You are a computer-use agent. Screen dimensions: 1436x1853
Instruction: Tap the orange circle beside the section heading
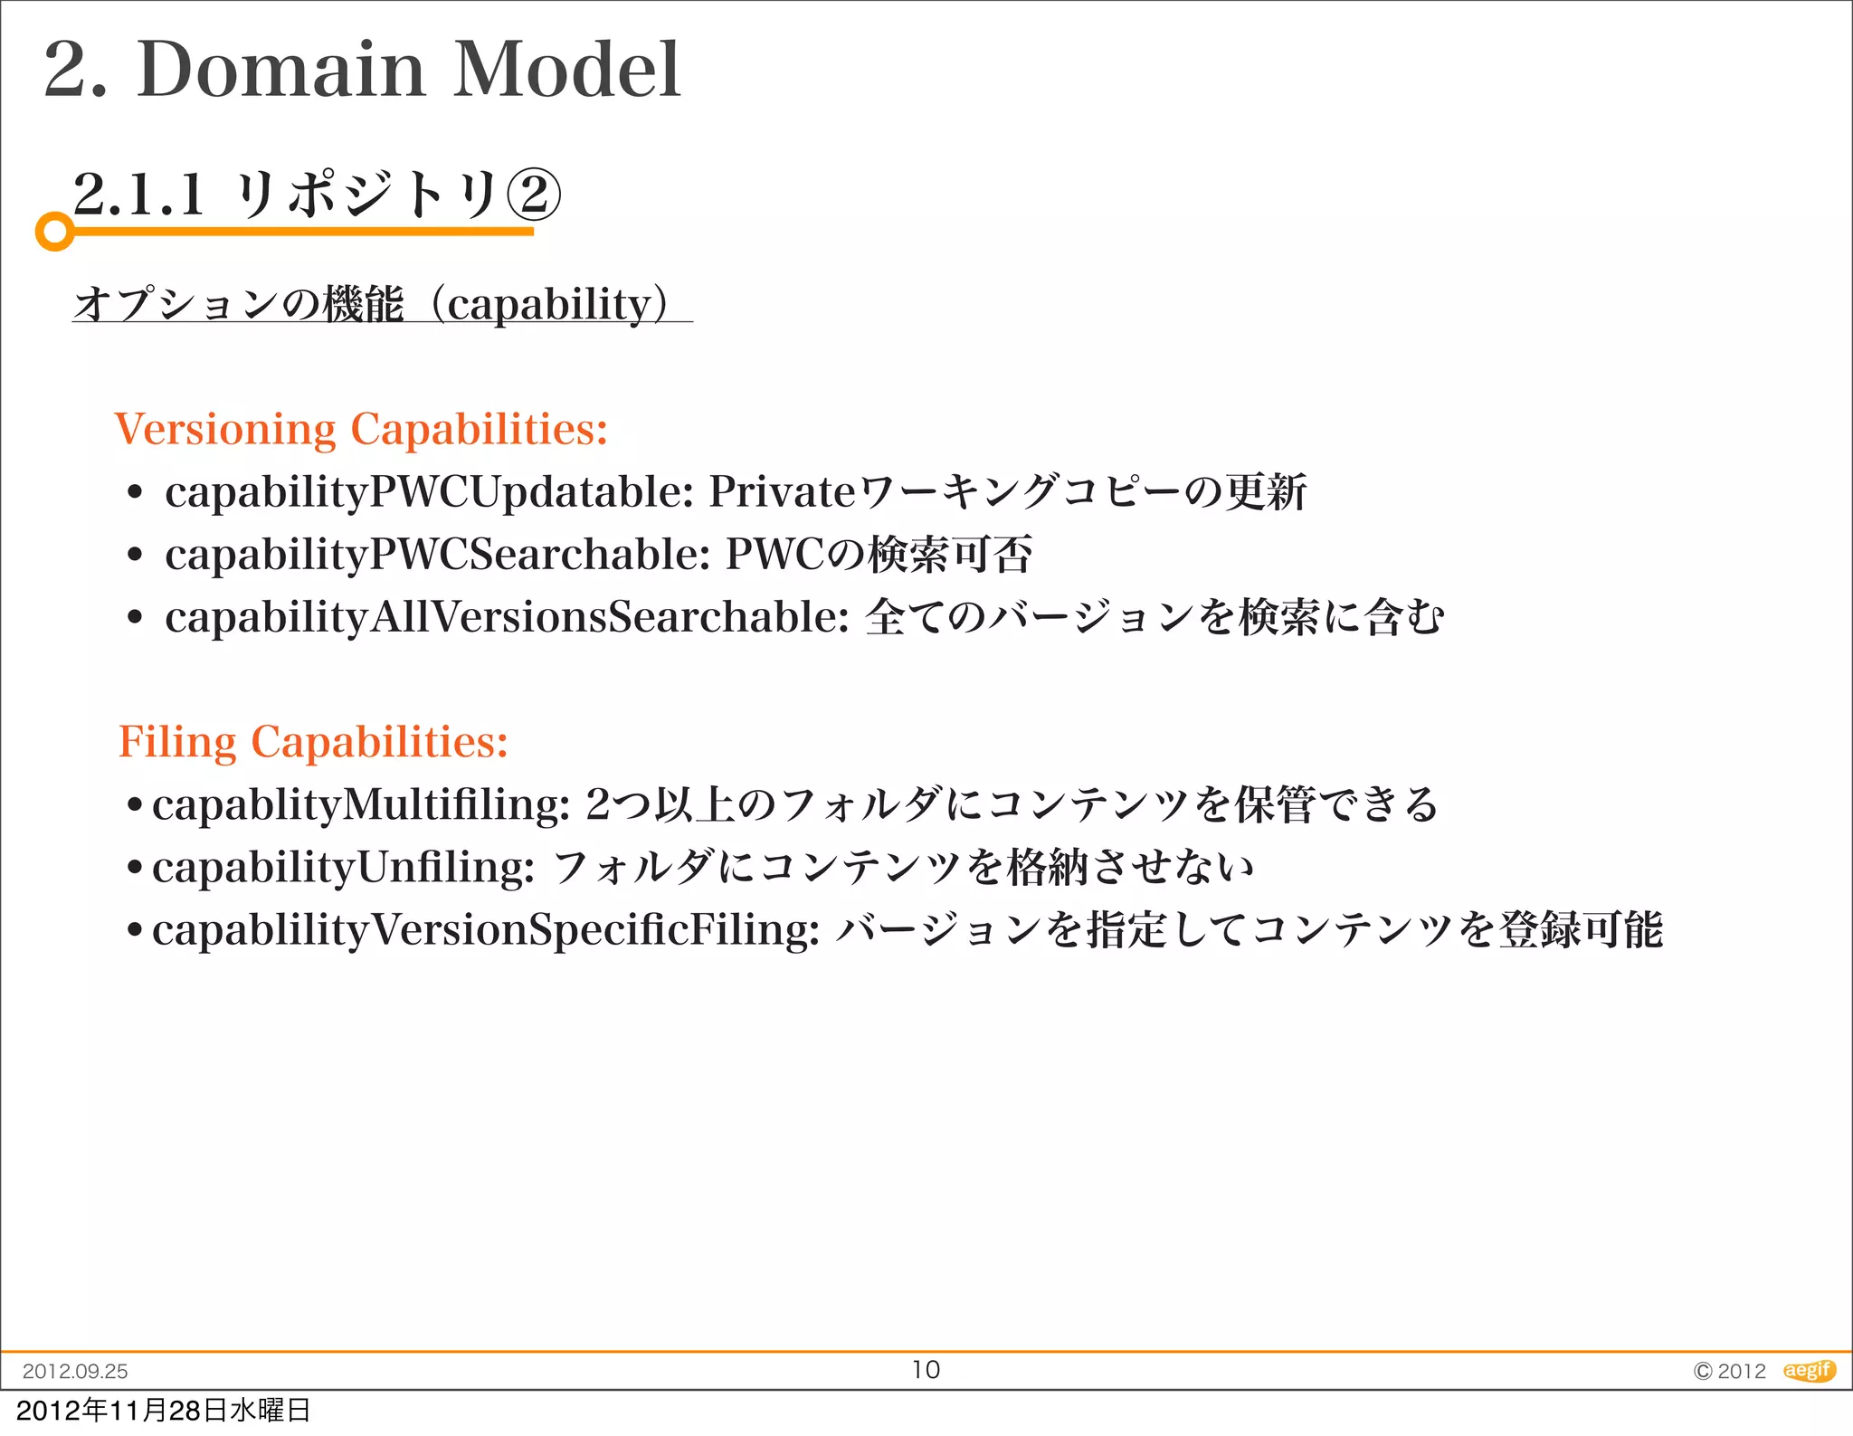click(x=54, y=232)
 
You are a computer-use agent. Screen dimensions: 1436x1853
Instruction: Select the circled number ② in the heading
click(x=533, y=194)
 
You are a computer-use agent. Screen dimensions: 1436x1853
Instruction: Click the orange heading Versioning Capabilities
click(x=360, y=429)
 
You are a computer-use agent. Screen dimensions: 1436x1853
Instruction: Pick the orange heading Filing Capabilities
click(x=313, y=742)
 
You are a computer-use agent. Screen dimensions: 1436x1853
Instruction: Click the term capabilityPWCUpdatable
click(x=428, y=493)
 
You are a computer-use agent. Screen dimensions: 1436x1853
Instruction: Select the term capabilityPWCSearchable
click(x=436, y=555)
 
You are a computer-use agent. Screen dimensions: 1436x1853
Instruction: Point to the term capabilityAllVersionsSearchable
click(x=506, y=618)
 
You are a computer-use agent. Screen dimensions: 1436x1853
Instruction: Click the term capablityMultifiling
click(x=360, y=804)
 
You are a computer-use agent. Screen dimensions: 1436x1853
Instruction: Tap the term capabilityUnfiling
click(x=343, y=868)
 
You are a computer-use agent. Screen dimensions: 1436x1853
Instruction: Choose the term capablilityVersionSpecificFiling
click(x=485, y=930)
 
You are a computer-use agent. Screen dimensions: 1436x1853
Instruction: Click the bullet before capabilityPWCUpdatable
click(x=135, y=494)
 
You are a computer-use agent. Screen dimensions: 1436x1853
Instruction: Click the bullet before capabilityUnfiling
click(x=135, y=868)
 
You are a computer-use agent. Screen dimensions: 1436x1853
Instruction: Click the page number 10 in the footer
click(x=926, y=1370)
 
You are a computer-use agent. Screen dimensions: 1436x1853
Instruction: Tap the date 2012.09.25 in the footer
click(x=75, y=1371)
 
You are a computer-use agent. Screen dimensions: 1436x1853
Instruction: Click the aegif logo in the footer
click(x=1808, y=1370)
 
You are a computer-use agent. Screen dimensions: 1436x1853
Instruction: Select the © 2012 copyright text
click(x=1729, y=1371)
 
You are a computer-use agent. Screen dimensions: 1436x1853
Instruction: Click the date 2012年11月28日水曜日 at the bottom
click(x=163, y=1410)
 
